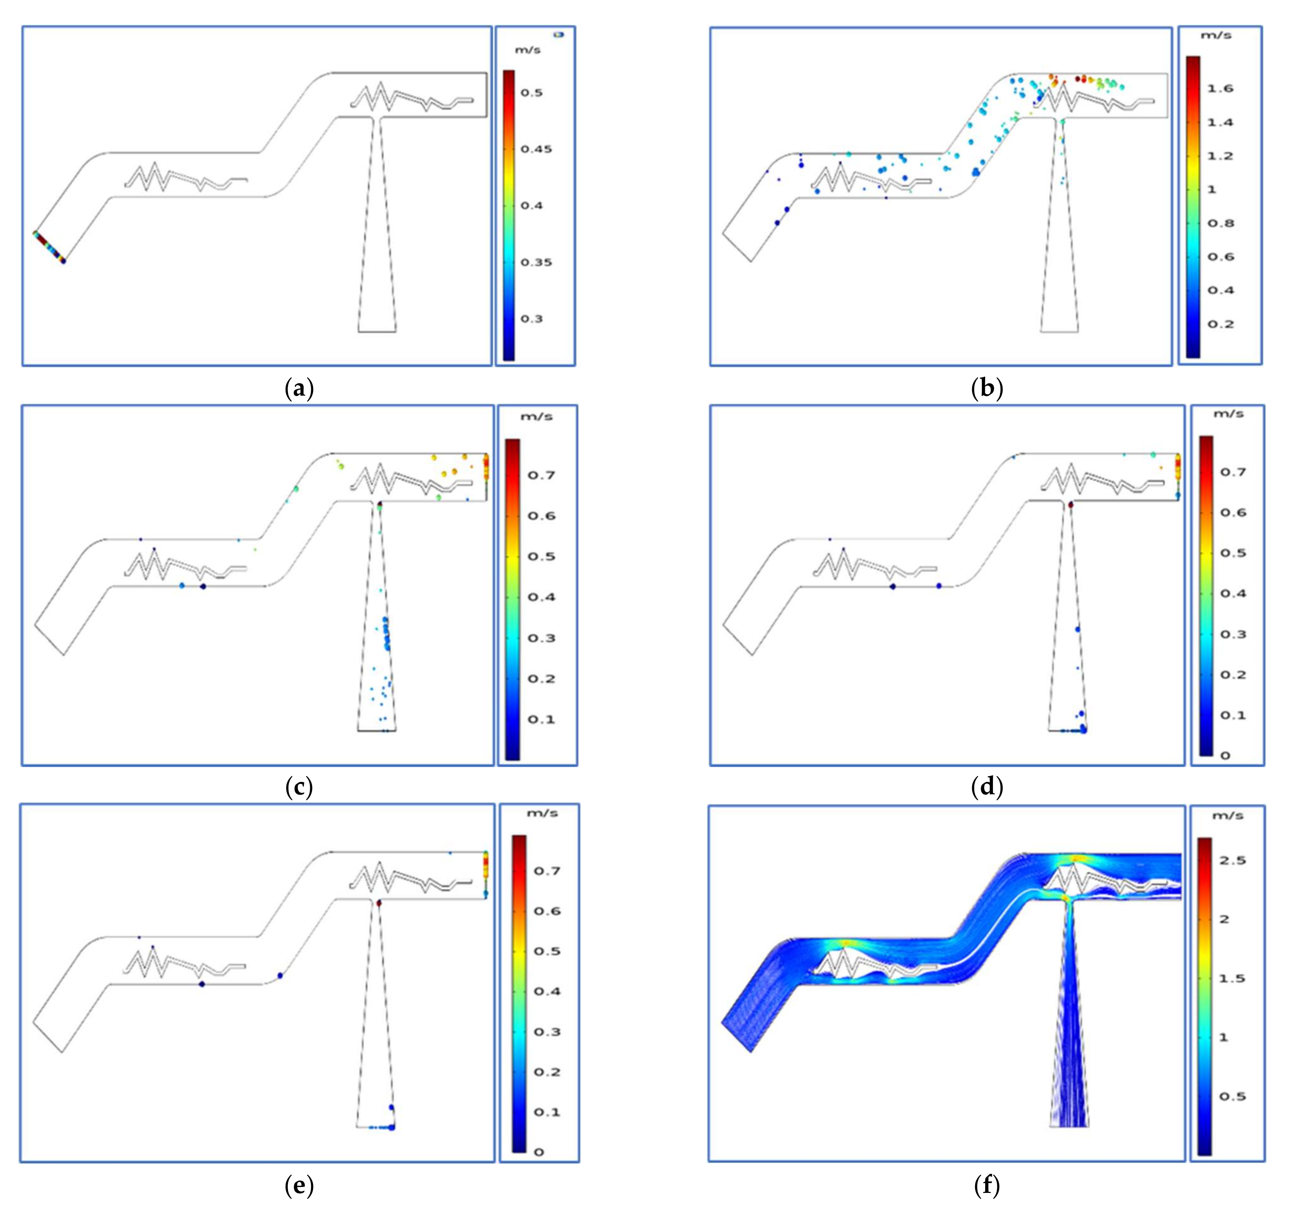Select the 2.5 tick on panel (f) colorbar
(x=1232, y=860)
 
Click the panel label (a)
(x=299, y=389)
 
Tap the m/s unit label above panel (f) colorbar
(x=1226, y=815)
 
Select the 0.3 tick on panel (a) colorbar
(x=531, y=319)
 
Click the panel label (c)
(x=299, y=787)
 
